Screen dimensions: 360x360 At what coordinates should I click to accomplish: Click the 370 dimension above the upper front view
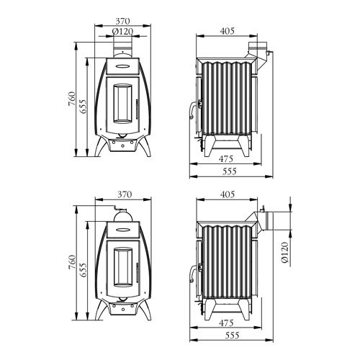[x=122, y=21]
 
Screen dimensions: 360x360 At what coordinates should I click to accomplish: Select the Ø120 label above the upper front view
[x=122, y=32]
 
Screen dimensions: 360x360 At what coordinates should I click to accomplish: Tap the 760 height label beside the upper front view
[x=72, y=99]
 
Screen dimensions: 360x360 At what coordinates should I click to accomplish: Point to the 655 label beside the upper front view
[x=83, y=107]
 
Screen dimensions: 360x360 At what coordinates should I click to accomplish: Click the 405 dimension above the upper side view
[x=227, y=31]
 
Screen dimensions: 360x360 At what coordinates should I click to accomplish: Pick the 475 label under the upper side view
[x=226, y=158]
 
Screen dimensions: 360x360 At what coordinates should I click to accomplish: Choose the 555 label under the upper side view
[x=230, y=171]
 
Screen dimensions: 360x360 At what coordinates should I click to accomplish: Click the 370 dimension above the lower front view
[x=125, y=194]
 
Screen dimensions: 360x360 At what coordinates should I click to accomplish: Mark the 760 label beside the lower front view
[x=72, y=262]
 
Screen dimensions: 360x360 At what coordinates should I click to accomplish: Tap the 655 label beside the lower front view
[x=83, y=270]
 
